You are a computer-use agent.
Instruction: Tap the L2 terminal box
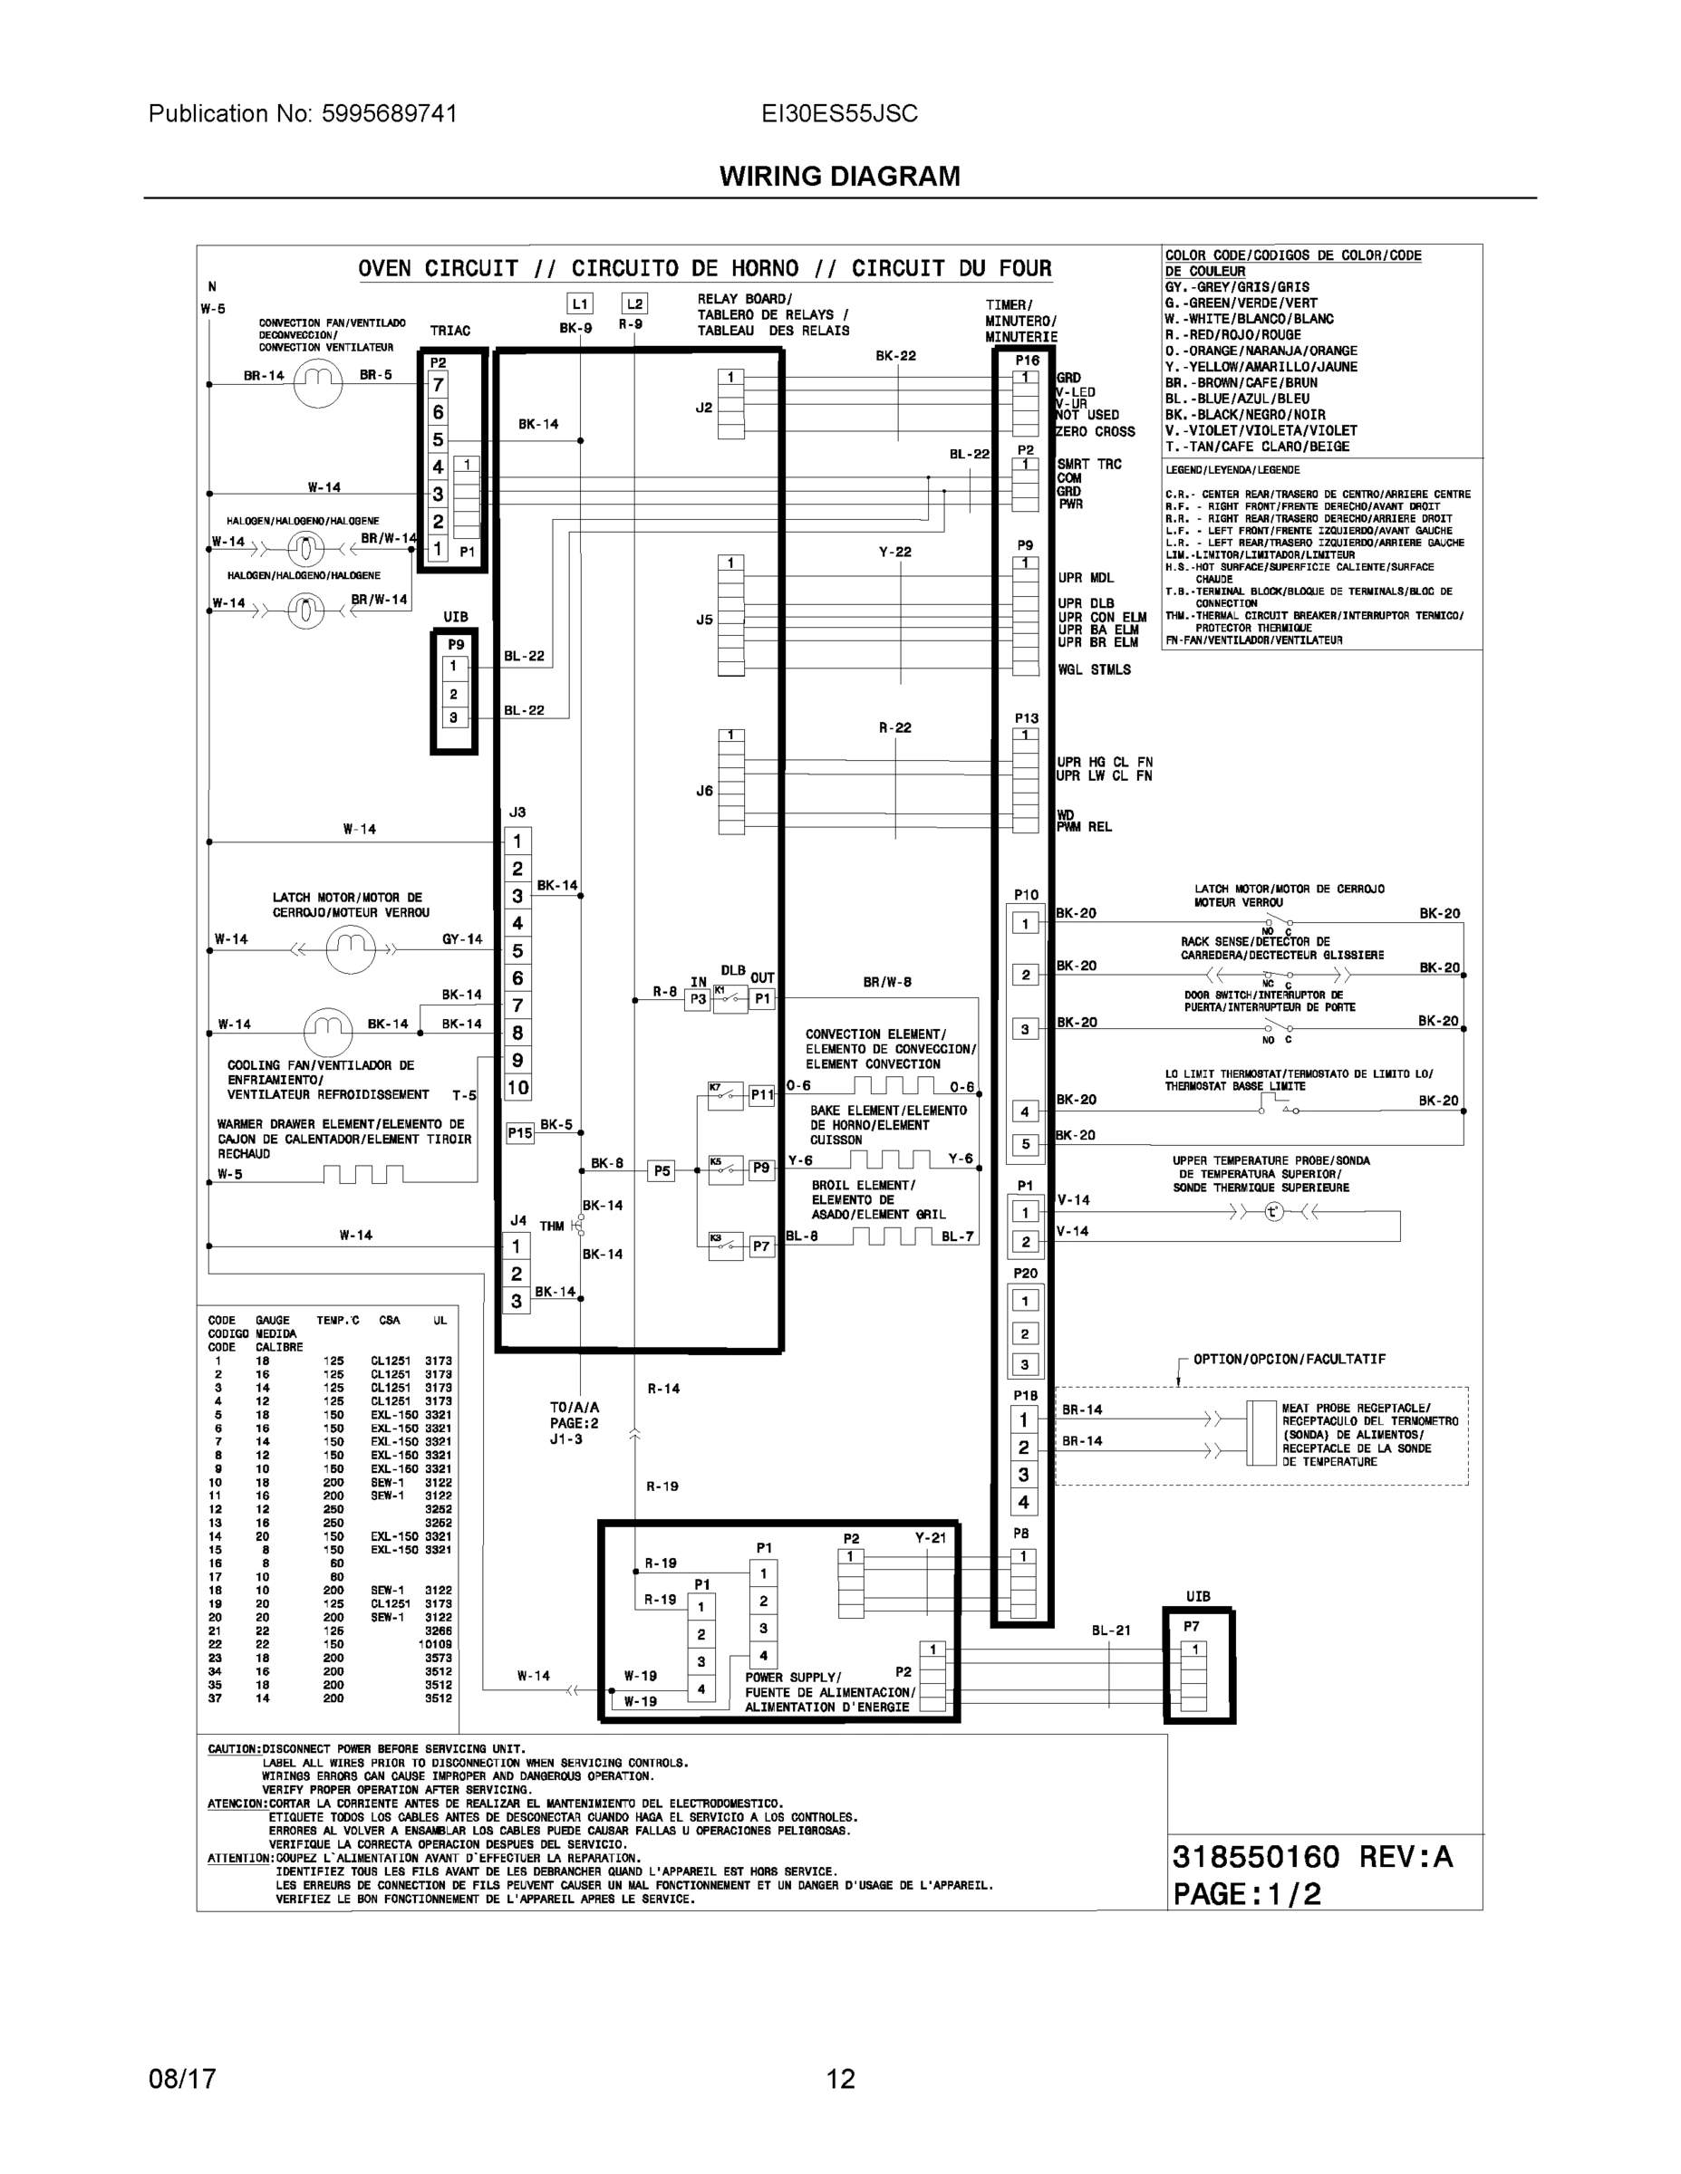(x=634, y=303)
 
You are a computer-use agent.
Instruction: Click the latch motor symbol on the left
(x=351, y=949)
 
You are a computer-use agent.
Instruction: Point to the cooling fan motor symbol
(x=329, y=1031)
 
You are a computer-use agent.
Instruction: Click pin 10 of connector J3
(x=517, y=1088)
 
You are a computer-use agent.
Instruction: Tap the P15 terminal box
(x=520, y=1133)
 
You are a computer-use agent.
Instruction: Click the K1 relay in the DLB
(x=730, y=998)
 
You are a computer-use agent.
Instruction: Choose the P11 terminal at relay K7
(x=762, y=1095)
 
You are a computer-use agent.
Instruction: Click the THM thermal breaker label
(x=552, y=1226)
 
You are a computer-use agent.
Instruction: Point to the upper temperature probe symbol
(x=1274, y=1211)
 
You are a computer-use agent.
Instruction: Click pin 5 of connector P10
(x=1026, y=1145)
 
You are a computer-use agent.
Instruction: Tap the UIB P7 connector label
(x=1192, y=1627)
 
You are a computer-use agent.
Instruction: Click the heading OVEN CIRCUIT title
(x=704, y=269)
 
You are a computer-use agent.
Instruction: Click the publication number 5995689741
(x=389, y=113)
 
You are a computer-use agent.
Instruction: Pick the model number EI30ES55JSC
(x=839, y=113)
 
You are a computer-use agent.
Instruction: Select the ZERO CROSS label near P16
(x=1096, y=432)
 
